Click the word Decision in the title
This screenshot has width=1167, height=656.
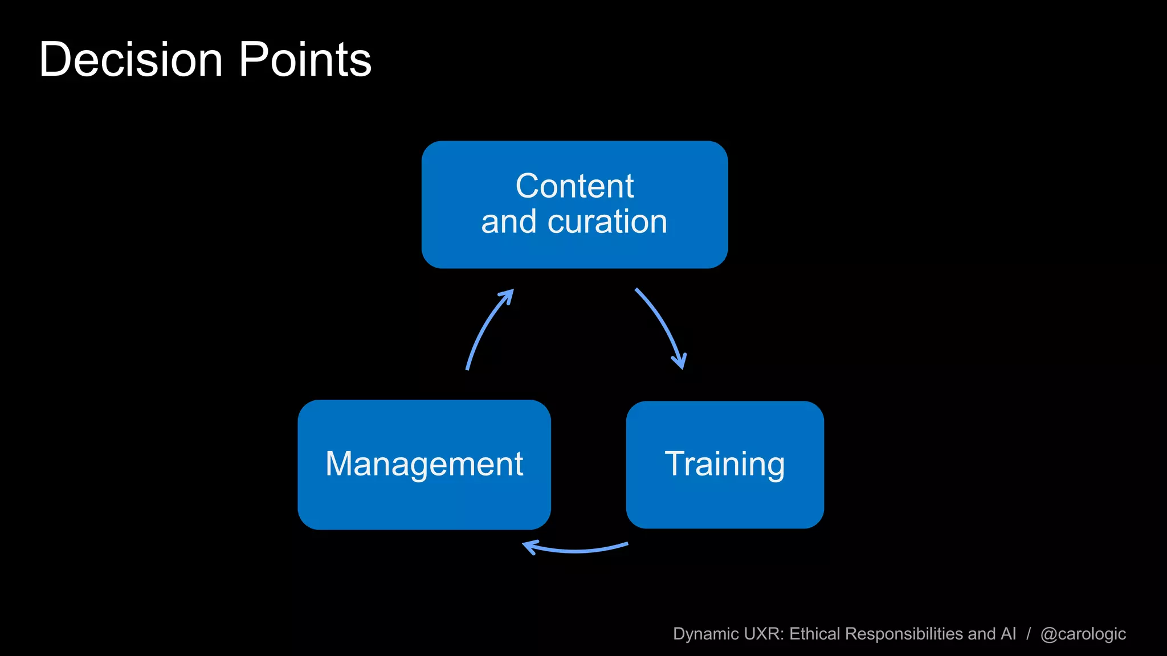point(130,60)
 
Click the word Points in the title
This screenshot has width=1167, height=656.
point(305,60)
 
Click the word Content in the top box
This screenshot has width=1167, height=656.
point(574,186)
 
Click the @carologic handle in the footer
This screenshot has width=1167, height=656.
point(1083,634)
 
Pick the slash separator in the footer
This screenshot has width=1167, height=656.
point(1029,634)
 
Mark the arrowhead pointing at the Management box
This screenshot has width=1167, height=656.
point(529,547)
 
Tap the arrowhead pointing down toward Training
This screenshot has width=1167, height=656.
point(680,362)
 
